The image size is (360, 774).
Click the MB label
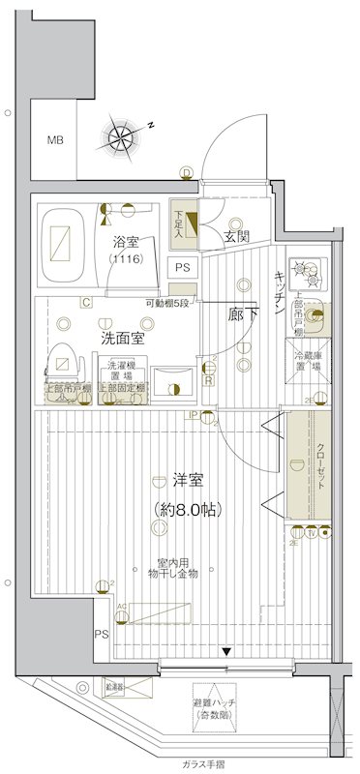[x=55, y=140]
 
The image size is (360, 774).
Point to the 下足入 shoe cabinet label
[x=179, y=222]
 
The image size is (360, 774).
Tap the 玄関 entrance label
[x=237, y=236]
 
